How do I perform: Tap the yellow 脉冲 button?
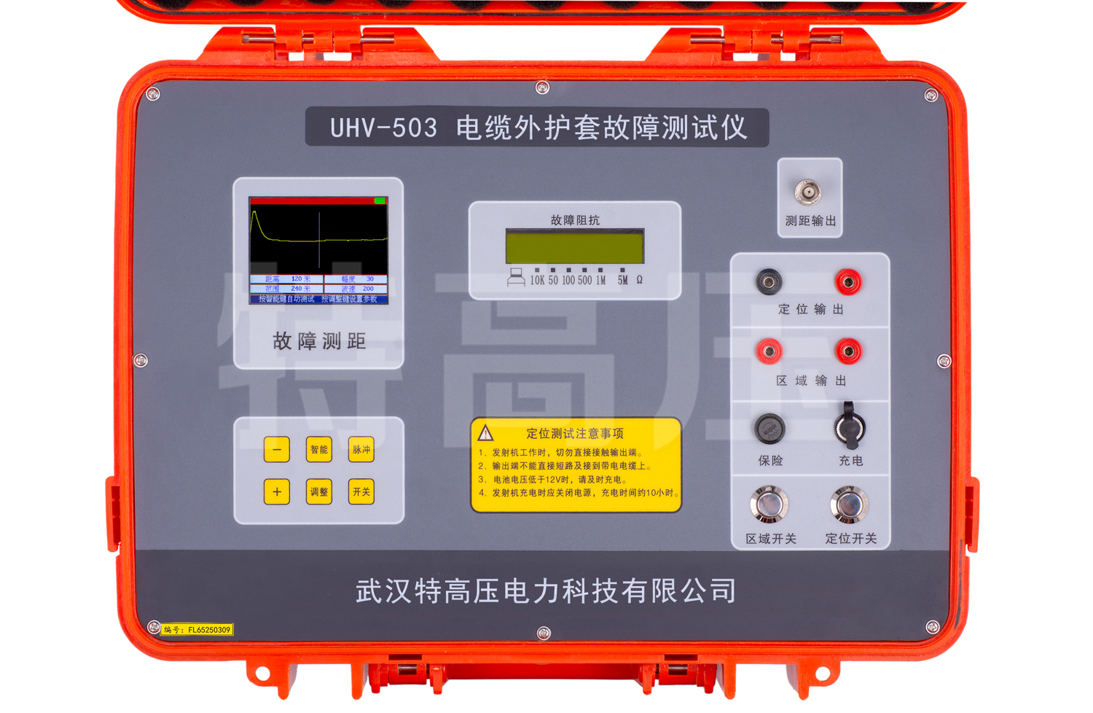click(x=361, y=450)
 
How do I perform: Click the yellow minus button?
click(x=277, y=450)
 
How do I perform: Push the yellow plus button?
click(x=277, y=492)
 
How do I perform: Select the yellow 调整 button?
click(x=319, y=492)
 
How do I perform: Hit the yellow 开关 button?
click(x=361, y=492)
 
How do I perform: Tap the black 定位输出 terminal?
click(x=769, y=281)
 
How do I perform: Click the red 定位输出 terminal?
click(x=848, y=281)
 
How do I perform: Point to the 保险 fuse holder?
click(x=769, y=428)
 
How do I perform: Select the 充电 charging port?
click(x=850, y=426)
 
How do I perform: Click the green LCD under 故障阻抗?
click(x=574, y=246)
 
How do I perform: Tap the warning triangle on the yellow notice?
click(x=485, y=434)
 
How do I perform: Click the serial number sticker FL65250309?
click(x=197, y=630)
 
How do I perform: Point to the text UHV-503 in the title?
click(x=383, y=128)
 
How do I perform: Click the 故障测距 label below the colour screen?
click(x=319, y=341)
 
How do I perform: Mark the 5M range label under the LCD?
click(x=622, y=280)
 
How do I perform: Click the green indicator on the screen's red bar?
click(x=380, y=200)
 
